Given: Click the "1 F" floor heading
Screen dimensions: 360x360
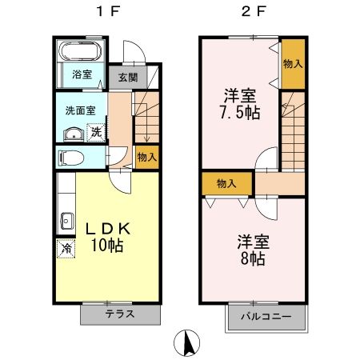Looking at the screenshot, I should (106, 13).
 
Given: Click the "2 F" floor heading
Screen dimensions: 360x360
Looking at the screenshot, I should (252, 13).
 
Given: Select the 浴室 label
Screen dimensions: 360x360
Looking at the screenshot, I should (82, 75).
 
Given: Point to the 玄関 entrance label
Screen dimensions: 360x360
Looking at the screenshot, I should (127, 78).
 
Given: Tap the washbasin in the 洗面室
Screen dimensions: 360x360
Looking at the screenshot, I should (70, 133).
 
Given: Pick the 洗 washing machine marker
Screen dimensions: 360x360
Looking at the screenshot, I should (95, 131).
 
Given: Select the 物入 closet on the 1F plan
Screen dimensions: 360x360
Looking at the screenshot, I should (146, 158).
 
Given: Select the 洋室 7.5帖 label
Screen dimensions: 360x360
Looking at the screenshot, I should (241, 102).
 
